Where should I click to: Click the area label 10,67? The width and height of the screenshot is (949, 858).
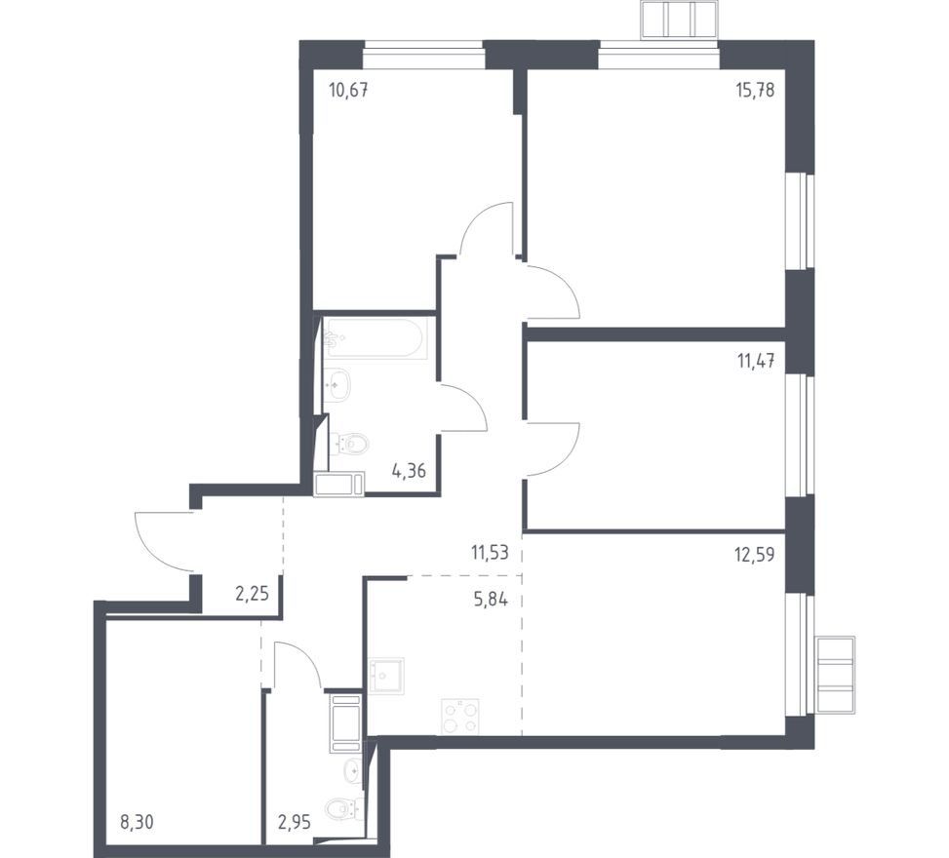(348, 91)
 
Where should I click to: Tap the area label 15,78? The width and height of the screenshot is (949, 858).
(755, 91)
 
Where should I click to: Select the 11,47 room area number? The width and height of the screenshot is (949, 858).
(756, 362)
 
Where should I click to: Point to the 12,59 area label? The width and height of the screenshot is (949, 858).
(755, 555)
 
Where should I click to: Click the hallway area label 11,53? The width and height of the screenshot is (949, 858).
(490, 552)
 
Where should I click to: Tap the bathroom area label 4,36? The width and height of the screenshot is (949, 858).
(409, 471)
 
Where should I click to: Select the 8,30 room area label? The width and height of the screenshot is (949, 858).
(138, 823)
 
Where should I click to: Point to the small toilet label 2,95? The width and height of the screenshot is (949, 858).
(295, 823)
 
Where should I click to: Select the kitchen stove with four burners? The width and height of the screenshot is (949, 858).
(460, 717)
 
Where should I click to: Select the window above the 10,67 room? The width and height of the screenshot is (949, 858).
(423, 56)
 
